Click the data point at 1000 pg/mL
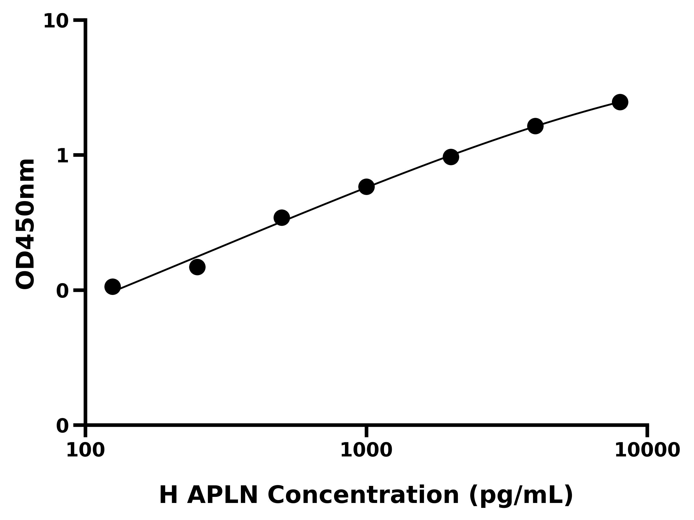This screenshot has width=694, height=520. (366, 187)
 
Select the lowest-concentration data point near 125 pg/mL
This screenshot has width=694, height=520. (112, 286)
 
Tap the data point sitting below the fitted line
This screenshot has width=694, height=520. (197, 267)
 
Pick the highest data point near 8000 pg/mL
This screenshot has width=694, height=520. (620, 102)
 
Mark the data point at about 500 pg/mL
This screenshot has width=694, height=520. (282, 218)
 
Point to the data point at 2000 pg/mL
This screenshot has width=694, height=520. (451, 157)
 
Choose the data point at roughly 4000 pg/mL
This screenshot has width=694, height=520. (535, 126)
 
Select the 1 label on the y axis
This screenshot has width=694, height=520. (62, 156)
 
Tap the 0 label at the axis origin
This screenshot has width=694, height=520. (62, 426)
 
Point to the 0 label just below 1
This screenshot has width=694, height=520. (62, 291)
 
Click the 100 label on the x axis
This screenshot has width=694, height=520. (85, 451)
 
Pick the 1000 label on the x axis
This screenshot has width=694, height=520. (366, 451)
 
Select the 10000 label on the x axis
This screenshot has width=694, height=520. (647, 451)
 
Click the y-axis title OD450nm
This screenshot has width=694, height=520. (25, 224)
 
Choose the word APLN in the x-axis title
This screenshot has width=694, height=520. (222, 495)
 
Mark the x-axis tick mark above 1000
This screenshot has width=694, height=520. (366, 431)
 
